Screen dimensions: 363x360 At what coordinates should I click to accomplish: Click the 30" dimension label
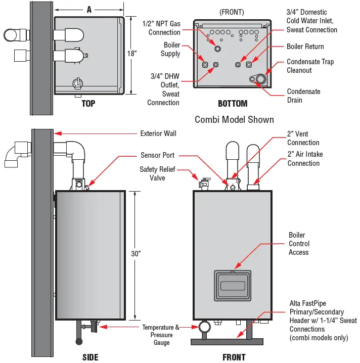click(136, 254)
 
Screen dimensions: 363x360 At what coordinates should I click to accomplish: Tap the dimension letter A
click(89, 9)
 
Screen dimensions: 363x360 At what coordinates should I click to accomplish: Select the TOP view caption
click(88, 104)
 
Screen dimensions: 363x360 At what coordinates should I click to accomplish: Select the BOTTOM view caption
click(233, 104)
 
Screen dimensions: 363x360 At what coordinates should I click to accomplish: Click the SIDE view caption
click(90, 357)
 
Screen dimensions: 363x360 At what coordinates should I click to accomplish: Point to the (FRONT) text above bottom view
click(232, 12)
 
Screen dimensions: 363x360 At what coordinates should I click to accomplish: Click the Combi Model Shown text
click(234, 120)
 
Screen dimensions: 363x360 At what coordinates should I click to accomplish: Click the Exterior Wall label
click(158, 133)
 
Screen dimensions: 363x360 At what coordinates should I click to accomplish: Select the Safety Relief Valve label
click(157, 173)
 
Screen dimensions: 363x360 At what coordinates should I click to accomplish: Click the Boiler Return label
click(305, 47)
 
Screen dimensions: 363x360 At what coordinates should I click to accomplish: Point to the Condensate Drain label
click(303, 96)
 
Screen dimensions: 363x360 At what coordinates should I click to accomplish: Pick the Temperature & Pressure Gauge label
click(161, 335)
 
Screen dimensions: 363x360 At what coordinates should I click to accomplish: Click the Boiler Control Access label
click(299, 244)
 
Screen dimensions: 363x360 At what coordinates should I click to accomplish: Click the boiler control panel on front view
click(233, 286)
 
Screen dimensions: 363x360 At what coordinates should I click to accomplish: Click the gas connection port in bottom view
click(217, 49)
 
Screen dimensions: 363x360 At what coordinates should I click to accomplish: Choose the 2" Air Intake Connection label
click(305, 158)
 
